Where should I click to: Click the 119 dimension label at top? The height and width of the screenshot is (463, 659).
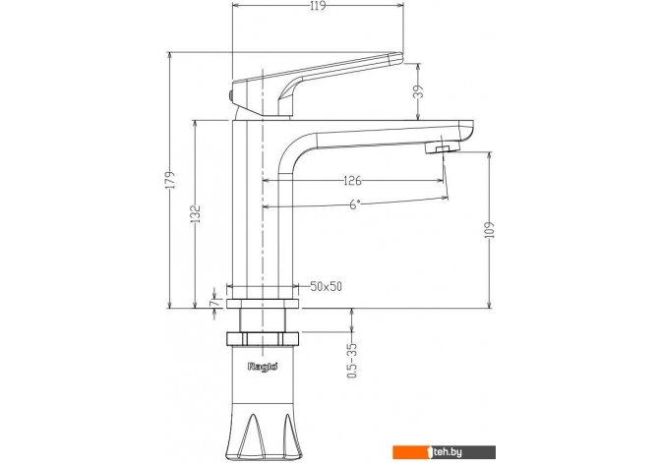click(318, 6)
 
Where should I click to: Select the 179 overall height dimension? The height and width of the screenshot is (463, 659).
click(171, 180)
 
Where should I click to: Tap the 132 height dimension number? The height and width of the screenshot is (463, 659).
click(196, 213)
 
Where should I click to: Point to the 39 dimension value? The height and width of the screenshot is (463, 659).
click(418, 91)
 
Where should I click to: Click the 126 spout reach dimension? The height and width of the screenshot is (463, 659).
click(352, 181)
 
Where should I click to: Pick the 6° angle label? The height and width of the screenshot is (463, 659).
click(355, 204)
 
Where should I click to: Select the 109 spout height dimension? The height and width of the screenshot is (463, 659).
click(489, 230)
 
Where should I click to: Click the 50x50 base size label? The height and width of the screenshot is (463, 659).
click(326, 286)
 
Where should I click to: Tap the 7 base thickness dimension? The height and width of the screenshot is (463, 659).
click(213, 302)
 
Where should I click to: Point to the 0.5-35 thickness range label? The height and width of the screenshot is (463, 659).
click(352, 361)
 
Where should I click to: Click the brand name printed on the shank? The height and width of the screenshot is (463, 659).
click(263, 367)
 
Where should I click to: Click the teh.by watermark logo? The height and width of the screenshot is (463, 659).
click(444, 452)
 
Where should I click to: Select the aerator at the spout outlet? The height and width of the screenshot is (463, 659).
click(442, 147)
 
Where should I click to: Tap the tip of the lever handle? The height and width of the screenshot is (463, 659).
click(401, 57)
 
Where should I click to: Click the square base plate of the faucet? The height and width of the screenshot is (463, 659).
click(263, 303)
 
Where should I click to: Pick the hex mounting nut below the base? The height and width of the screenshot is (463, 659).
click(263, 338)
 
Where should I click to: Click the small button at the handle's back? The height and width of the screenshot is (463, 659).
click(230, 96)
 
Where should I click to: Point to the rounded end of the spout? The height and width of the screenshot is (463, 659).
click(465, 130)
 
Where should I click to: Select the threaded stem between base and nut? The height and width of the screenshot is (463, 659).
click(263, 320)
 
